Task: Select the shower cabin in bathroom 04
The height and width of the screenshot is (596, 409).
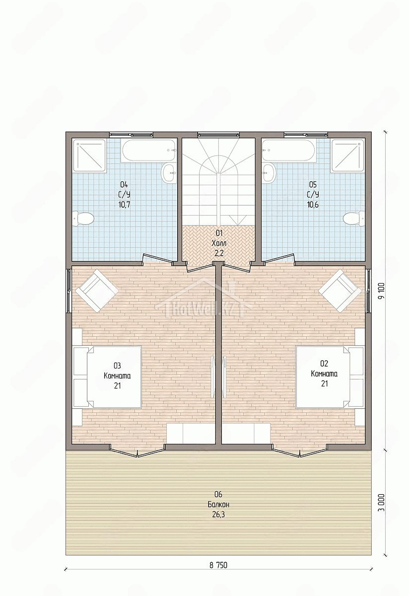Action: pos(89,155)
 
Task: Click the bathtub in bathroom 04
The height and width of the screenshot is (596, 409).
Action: pos(149,150)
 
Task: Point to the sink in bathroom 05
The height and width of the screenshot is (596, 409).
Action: pos(269,173)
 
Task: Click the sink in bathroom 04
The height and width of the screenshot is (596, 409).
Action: pos(169,173)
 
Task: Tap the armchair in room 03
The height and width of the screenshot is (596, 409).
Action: pos(97,291)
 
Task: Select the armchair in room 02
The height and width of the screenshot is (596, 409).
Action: pos(341,291)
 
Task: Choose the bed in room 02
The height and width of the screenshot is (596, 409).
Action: pos(330,377)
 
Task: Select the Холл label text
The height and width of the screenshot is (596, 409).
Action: pos(218,243)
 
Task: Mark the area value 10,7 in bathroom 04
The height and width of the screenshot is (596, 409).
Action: pos(125,205)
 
